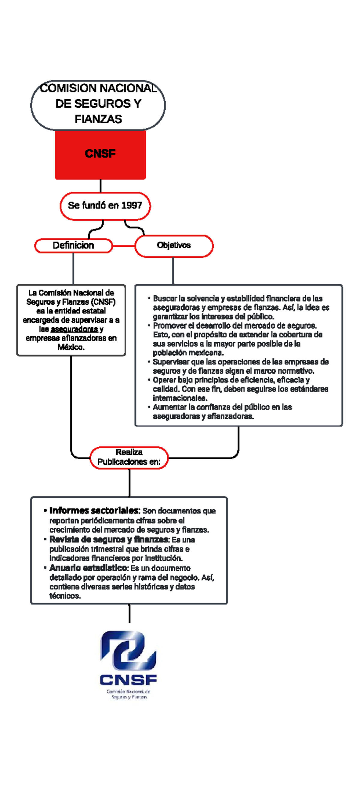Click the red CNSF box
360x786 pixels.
(x=100, y=155)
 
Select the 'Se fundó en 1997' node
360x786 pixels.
(x=105, y=206)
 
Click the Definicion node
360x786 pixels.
(x=73, y=246)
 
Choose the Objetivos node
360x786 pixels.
(x=174, y=246)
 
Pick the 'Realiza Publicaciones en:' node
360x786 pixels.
(x=129, y=457)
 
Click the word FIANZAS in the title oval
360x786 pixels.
(x=98, y=119)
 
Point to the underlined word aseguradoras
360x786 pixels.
(x=74, y=329)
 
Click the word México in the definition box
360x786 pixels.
(x=71, y=347)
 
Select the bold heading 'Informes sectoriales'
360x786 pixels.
(x=94, y=511)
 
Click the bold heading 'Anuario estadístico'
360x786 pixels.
(x=88, y=568)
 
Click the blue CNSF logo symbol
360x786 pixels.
(x=128, y=650)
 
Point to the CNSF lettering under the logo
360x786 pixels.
(x=128, y=680)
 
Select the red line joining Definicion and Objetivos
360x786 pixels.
(x=124, y=246)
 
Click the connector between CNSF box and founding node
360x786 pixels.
(x=100, y=186)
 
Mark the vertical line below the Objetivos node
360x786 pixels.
(x=173, y=271)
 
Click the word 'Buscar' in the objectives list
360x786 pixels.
(x=165, y=298)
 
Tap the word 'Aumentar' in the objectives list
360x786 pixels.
(x=169, y=407)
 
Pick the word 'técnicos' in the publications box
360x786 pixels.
(x=65, y=596)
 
